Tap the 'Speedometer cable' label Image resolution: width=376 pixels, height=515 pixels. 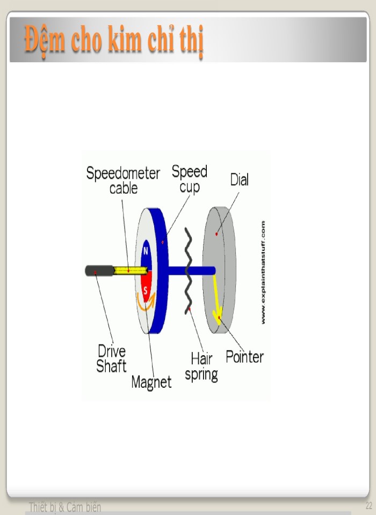(x=123, y=180)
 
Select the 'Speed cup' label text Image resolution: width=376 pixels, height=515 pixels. (x=190, y=179)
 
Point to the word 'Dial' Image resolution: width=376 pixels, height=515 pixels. (x=239, y=180)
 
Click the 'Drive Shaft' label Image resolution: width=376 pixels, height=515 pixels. (x=112, y=358)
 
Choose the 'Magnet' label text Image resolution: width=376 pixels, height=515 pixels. (x=151, y=382)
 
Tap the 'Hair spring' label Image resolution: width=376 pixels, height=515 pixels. (x=201, y=366)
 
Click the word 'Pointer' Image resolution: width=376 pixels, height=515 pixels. (x=245, y=357)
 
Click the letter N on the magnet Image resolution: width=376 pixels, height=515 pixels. (x=146, y=252)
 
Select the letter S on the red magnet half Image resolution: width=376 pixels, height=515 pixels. (x=146, y=291)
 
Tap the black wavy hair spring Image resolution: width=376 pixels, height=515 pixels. (x=188, y=270)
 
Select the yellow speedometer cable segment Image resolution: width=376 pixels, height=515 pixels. (x=131, y=270)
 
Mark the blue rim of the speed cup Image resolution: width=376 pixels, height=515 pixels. (x=162, y=270)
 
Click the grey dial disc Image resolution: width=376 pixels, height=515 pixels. (x=219, y=270)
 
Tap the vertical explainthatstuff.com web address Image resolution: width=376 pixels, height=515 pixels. (x=263, y=273)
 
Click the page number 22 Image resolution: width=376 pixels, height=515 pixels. (x=368, y=505)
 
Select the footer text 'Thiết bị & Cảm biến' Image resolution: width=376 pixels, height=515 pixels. (x=65, y=507)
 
